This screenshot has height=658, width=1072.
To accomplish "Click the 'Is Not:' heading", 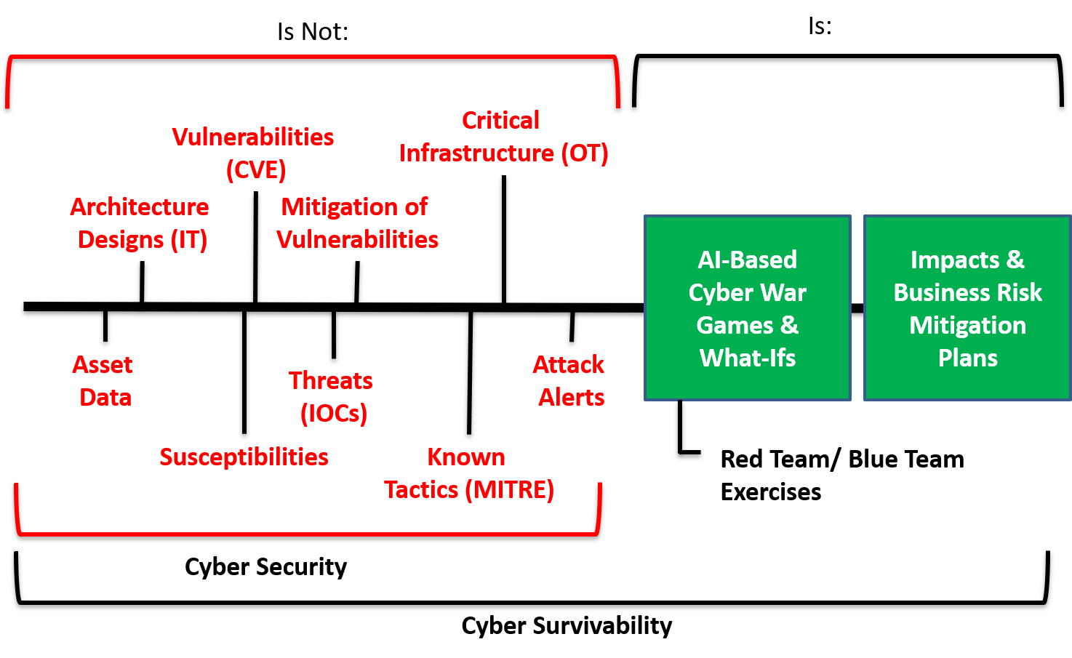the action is click(x=313, y=31).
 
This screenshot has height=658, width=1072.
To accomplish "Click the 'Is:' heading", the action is click(x=820, y=26).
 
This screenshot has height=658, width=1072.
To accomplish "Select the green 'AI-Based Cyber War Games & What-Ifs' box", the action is click(x=748, y=308).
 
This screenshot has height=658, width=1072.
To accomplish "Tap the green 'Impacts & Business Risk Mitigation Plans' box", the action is click(x=968, y=308).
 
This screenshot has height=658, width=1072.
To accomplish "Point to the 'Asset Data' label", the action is click(x=103, y=381).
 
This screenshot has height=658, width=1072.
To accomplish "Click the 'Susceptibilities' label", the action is click(x=244, y=457).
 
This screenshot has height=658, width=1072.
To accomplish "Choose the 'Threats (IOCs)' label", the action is click(x=331, y=397).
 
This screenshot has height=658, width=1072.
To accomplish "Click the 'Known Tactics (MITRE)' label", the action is click(x=469, y=473).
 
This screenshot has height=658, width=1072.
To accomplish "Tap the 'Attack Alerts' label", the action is click(x=569, y=381).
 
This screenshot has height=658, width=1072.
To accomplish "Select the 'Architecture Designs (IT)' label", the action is click(x=140, y=223).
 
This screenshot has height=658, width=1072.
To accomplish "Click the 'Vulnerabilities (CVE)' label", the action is click(x=253, y=153).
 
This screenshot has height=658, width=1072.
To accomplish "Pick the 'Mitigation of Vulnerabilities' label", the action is click(x=357, y=223).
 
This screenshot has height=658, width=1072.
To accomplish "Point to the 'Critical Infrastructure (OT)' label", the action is click(x=503, y=137).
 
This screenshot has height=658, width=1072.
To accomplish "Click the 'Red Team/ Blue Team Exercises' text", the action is click(x=842, y=476).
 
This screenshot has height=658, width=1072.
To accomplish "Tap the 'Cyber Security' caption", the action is click(x=265, y=567).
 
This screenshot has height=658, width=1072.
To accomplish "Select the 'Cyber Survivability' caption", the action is click(x=567, y=626).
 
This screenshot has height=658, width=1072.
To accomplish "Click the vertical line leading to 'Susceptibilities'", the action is click(x=244, y=372).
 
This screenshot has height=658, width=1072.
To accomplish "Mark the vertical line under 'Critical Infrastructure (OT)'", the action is click(x=504, y=238).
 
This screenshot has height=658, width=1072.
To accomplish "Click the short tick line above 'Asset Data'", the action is click(x=105, y=326).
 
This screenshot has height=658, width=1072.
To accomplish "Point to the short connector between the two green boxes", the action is click(x=857, y=308).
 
